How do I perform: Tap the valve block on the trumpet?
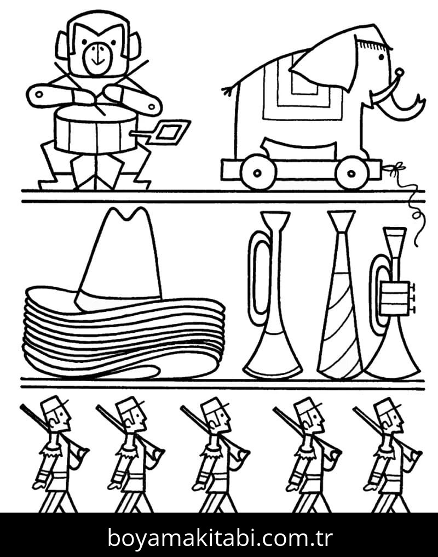pyautogui.click(x=395, y=298)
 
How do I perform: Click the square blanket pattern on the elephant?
pyautogui.click(x=302, y=87)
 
